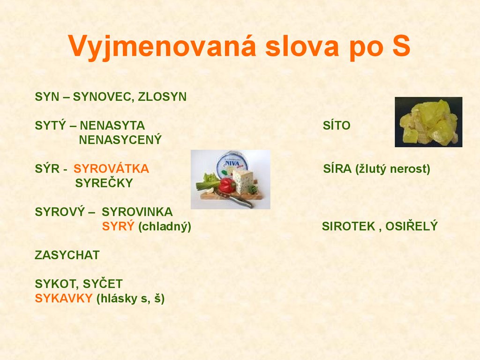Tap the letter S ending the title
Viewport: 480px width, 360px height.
400,47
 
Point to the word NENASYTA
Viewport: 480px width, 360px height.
112,126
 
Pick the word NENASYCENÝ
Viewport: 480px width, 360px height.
120,140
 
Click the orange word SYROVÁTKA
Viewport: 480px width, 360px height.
112,169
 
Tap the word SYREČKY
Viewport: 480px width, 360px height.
104,183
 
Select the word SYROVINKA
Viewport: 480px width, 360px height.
137,212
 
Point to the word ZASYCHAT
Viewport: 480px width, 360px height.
67,255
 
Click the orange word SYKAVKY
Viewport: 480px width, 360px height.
64,299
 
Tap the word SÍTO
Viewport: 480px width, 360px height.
337,126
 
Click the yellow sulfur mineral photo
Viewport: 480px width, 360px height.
428,122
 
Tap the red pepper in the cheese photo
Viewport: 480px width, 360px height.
227,185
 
